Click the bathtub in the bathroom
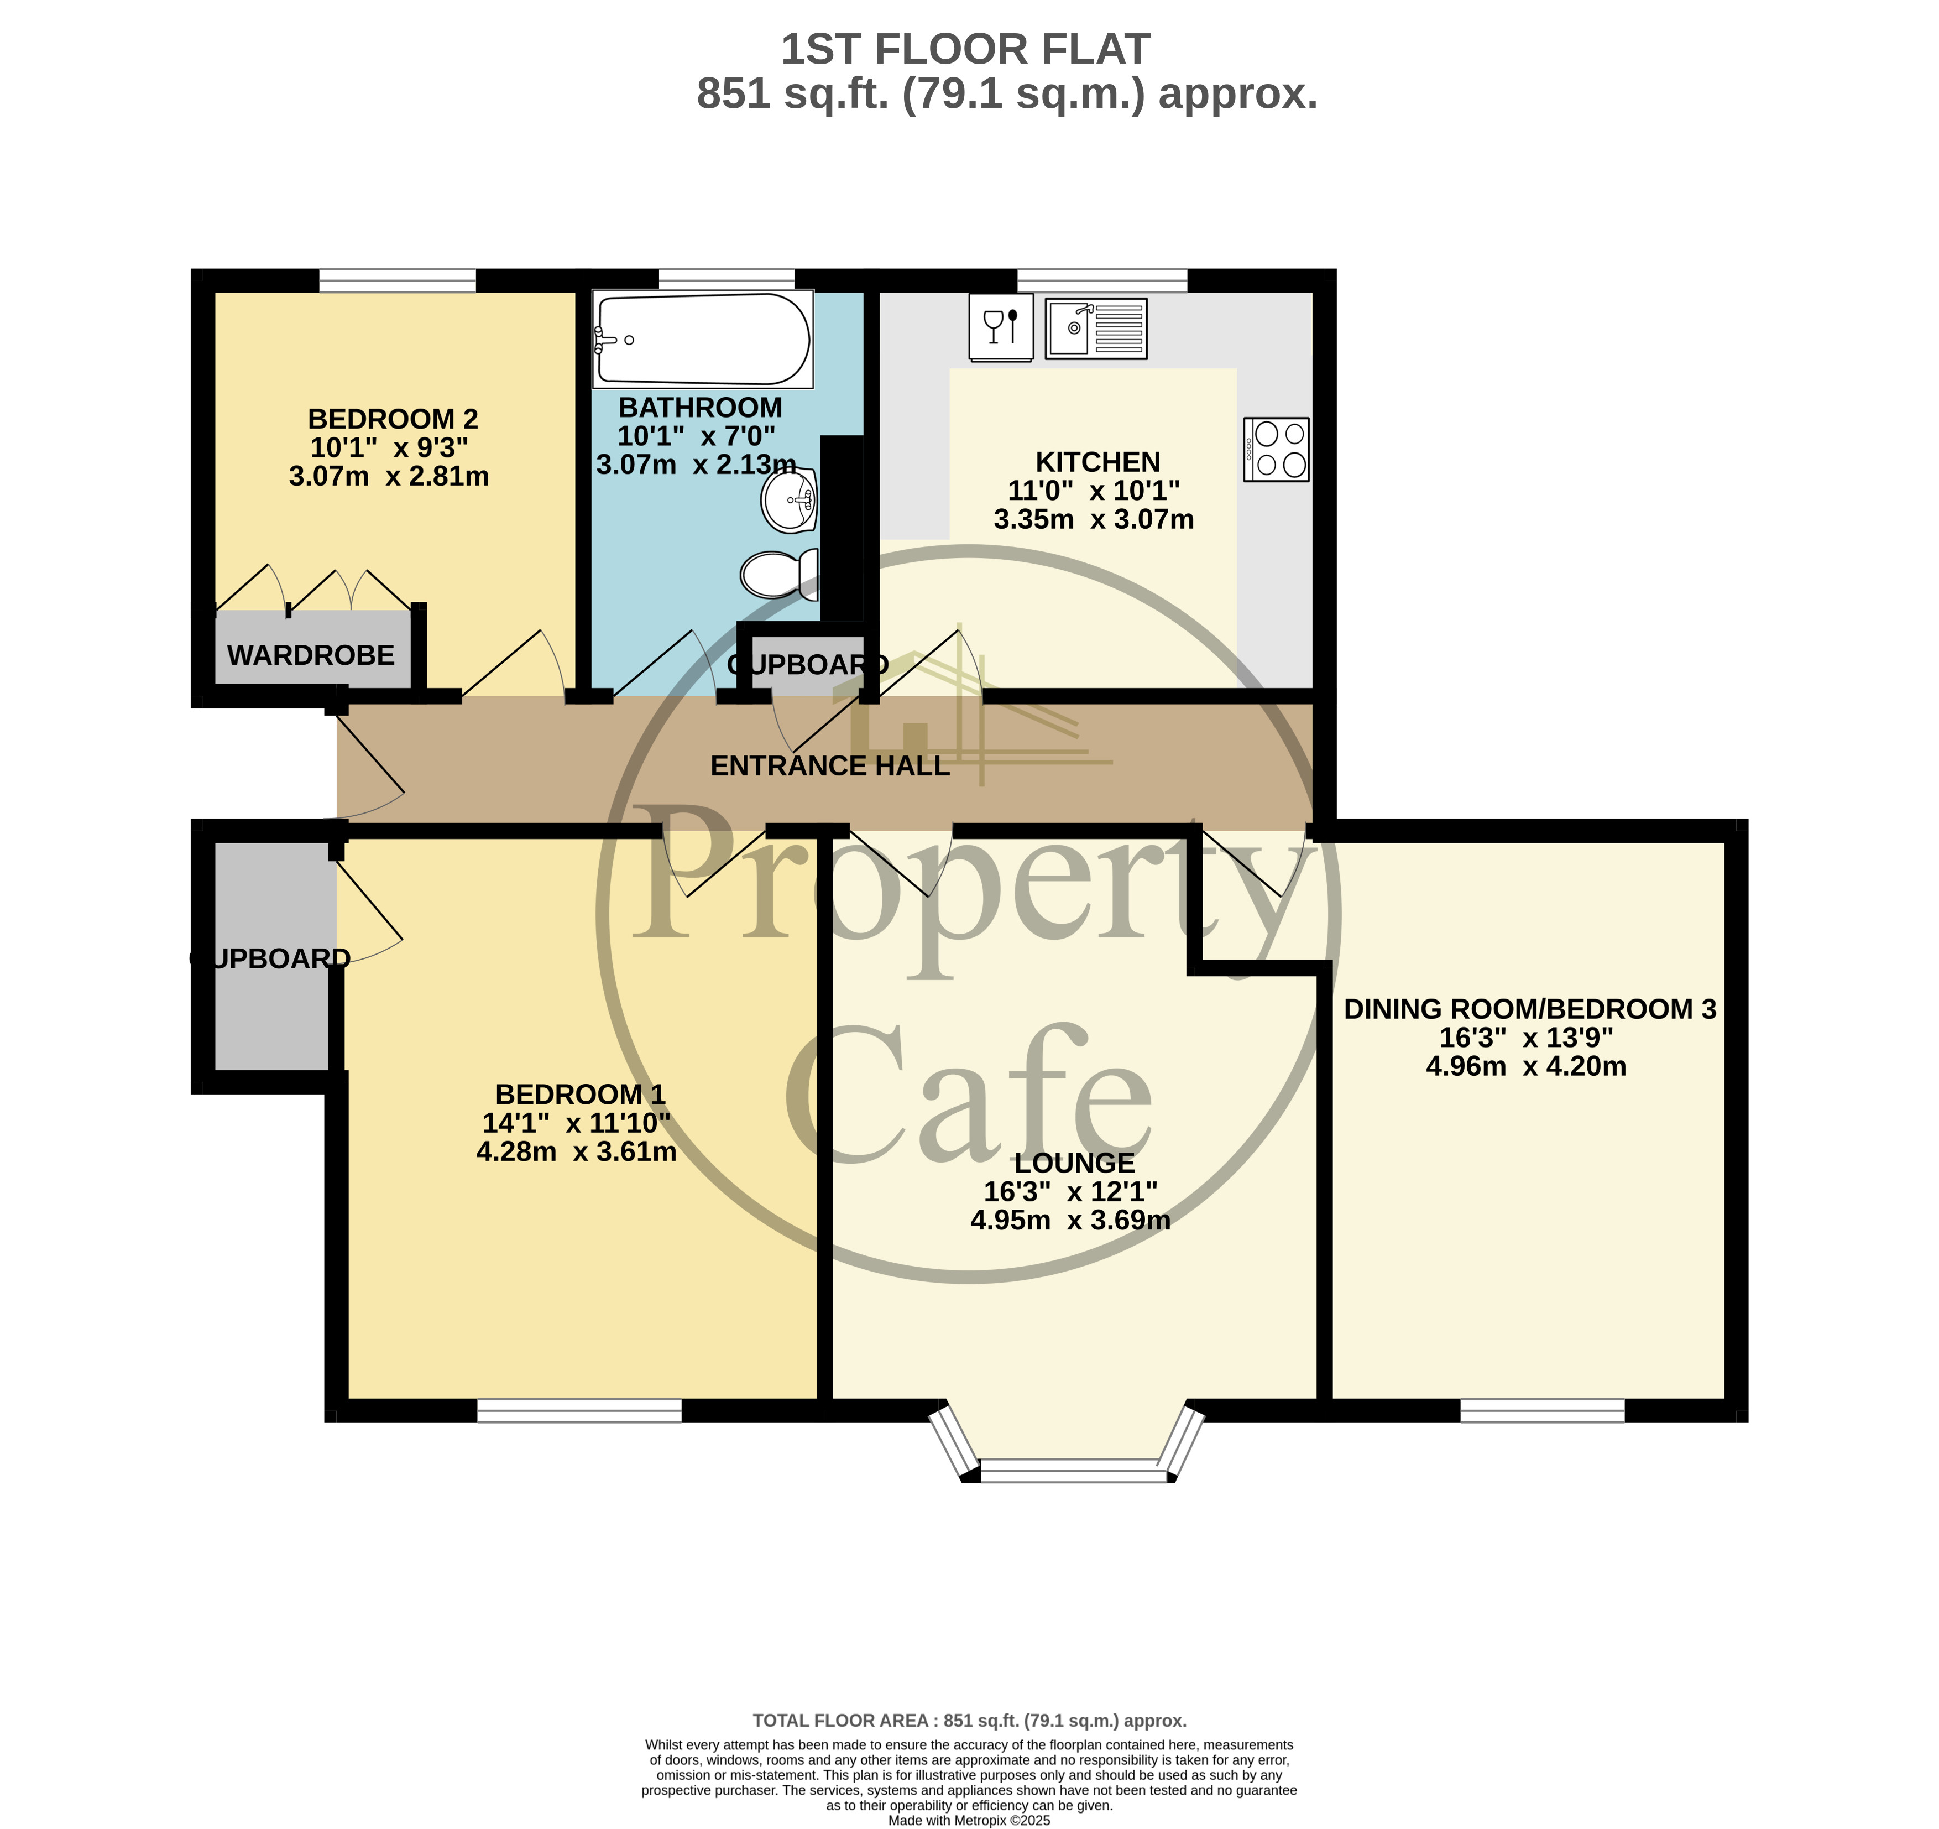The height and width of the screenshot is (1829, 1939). pyautogui.click(x=702, y=340)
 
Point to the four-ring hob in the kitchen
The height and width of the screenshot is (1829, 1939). pyautogui.click(x=1276, y=450)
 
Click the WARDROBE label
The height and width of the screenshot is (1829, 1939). pyautogui.click(x=310, y=654)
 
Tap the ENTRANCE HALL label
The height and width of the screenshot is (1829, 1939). pyautogui.click(x=829, y=766)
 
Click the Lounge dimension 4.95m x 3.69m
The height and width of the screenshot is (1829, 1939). pyautogui.click(x=1070, y=1220)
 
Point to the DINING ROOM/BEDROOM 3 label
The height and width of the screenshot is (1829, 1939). pyautogui.click(x=1529, y=1009)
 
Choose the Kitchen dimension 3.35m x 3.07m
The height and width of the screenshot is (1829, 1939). pyautogui.click(x=1094, y=519)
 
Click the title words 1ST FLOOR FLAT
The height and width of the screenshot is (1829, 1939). pyautogui.click(x=965, y=49)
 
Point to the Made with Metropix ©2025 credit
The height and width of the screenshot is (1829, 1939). pyautogui.click(x=969, y=1820)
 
